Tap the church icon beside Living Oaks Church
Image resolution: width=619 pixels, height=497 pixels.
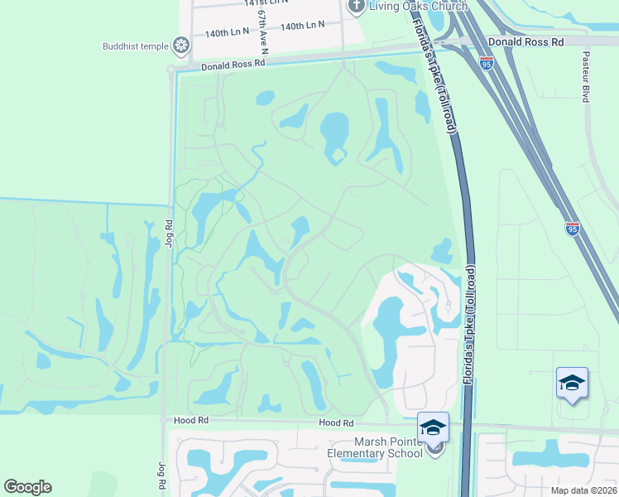[x=357, y=7]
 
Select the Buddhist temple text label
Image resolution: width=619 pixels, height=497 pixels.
[x=136, y=46]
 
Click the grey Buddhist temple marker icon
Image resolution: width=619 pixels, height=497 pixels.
[x=181, y=46]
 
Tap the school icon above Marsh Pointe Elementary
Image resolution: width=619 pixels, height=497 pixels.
[x=433, y=427]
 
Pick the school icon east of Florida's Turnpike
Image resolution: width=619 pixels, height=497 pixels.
[x=572, y=383]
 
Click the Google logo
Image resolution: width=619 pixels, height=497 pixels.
[x=27, y=487]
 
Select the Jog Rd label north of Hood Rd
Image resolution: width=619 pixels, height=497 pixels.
[x=168, y=234]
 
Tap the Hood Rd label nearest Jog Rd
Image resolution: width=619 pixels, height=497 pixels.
[x=190, y=421]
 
